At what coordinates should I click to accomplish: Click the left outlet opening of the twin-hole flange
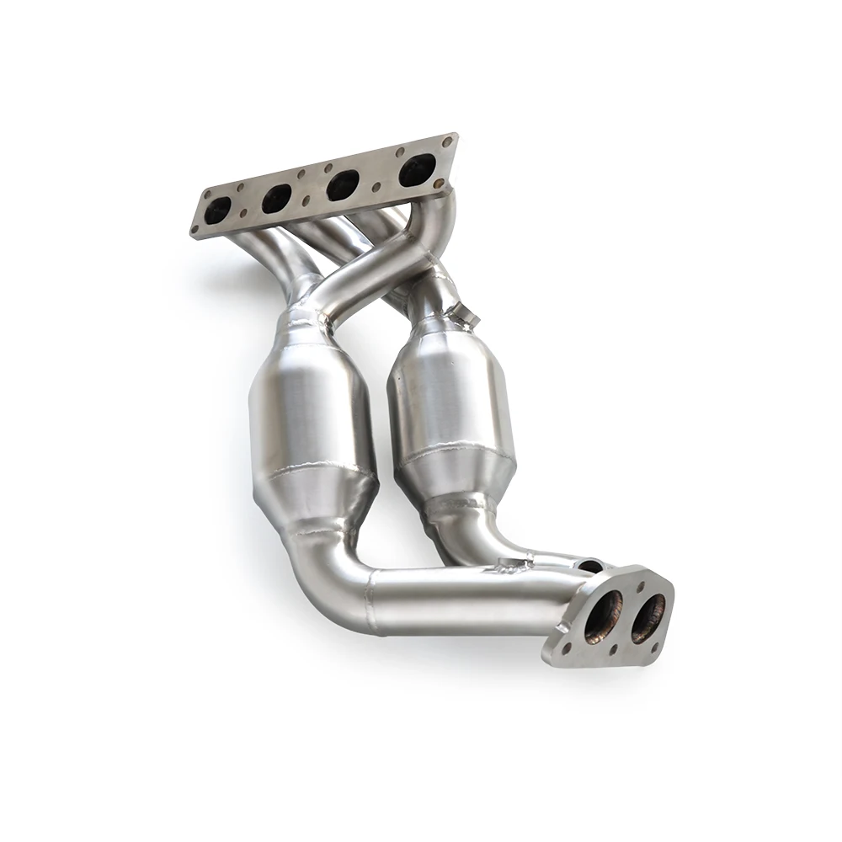click(x=604, y=616)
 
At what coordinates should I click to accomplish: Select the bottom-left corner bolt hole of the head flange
click(x=199, y=227)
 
